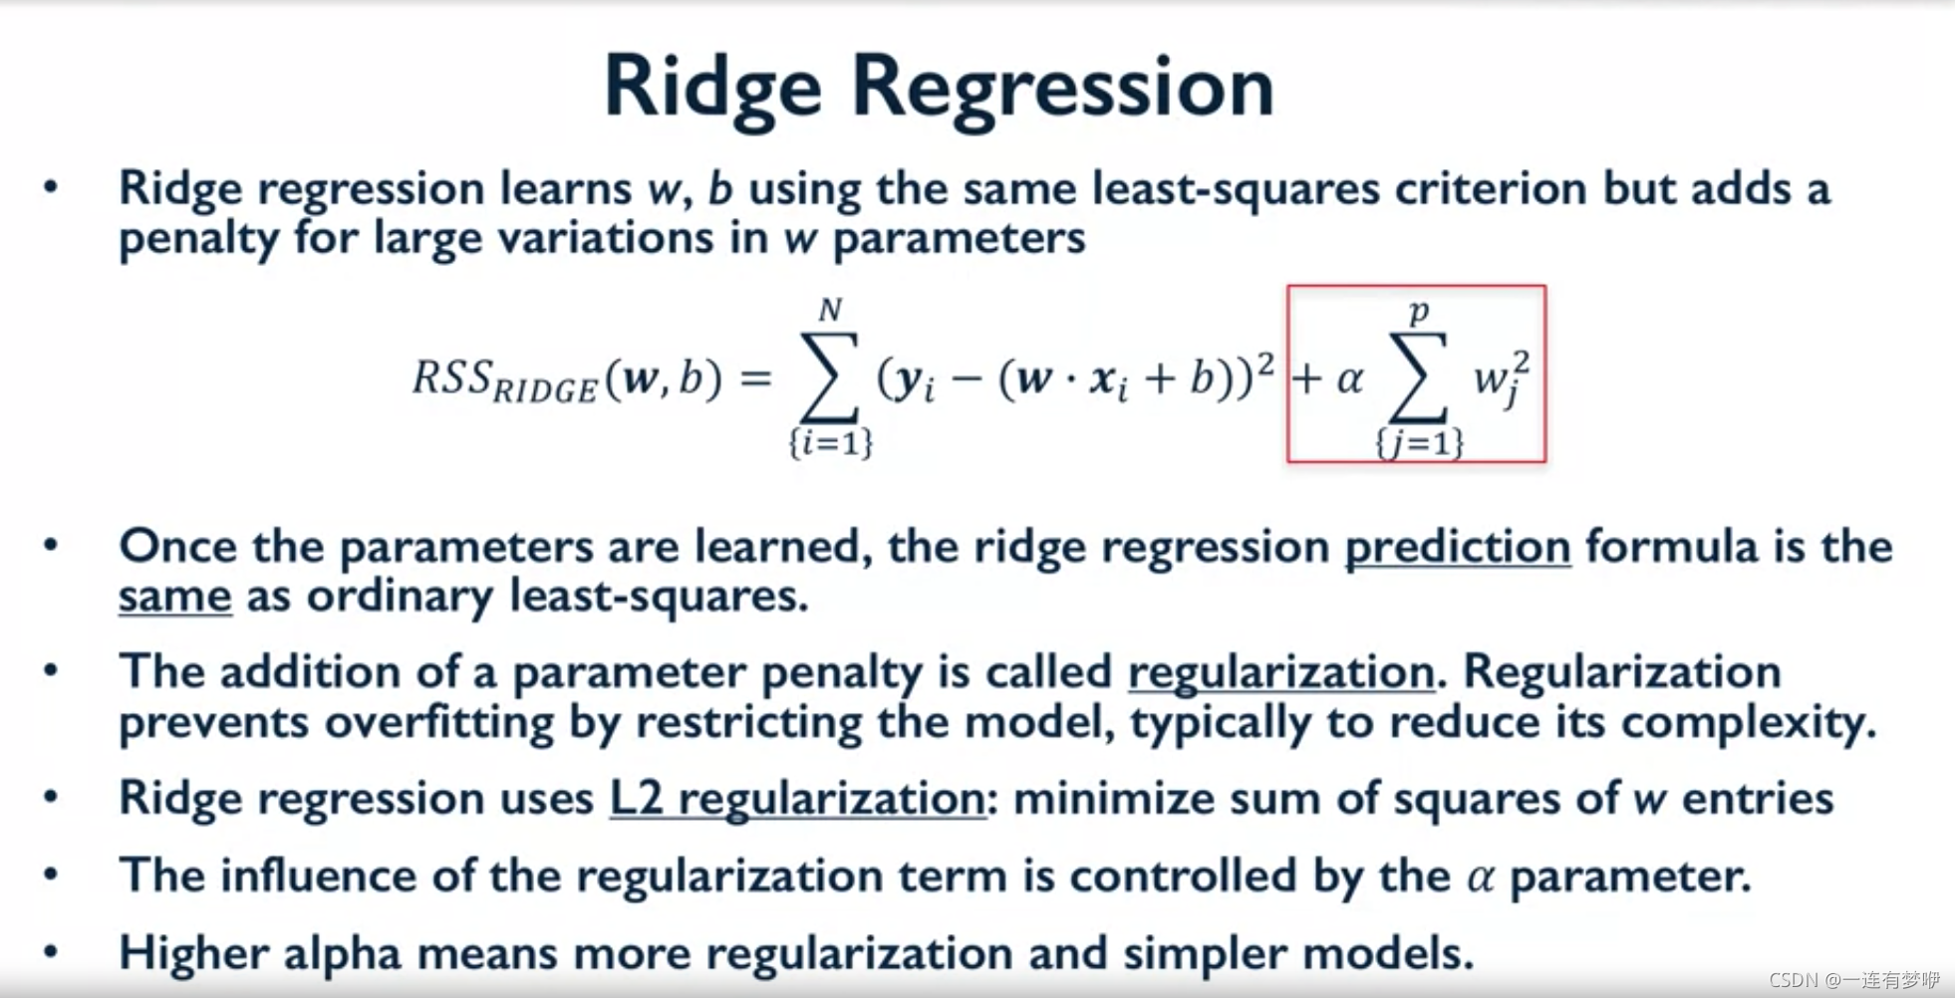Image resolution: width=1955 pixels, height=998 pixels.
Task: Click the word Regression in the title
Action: tap(1063, 88)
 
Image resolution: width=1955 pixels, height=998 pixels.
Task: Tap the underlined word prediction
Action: tap(1458, 547)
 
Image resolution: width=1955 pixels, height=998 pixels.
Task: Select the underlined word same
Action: tap(175, 597)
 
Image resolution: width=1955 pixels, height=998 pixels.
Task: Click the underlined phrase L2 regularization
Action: tap(797, 798)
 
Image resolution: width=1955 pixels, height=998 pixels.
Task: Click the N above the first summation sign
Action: tap(830, 310)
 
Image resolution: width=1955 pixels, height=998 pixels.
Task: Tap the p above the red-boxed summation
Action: tap(1419, 312)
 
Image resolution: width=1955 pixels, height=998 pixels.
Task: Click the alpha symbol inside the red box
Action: tap(1349, 378)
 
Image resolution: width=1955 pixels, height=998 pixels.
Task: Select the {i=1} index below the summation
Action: tap(831, 442)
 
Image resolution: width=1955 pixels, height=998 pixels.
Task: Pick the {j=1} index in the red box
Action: tap(1419, 442)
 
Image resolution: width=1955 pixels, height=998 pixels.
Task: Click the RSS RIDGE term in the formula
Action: tap(504, 380)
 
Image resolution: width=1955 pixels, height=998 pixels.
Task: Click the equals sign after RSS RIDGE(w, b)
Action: tap(756, 378)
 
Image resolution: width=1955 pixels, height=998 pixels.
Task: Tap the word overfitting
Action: tap(439, 722)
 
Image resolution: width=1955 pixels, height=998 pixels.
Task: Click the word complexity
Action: tap(1749, 722)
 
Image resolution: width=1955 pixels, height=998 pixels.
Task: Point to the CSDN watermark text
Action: tap(1854, 980)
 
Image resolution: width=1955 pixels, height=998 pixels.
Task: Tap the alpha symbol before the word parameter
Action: tap(1481, 876)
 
